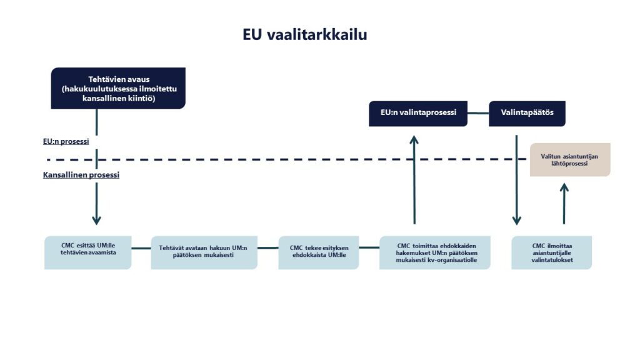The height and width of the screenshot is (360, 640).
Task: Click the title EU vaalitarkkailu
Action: (x=305, y=34)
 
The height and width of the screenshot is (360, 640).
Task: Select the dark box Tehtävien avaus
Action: (x=118, y=88)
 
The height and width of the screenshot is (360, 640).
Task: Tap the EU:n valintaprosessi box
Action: (x=417, y=113)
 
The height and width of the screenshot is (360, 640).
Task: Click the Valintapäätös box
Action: (x=527, y=113)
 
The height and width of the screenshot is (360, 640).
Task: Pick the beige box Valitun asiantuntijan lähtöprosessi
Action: (x=570, y=159)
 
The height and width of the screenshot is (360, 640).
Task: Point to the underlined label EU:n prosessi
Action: (x=61, y=141)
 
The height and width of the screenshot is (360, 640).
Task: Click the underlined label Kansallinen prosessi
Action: (x=81, y=175)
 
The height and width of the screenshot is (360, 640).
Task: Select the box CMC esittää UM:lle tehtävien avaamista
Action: (x=88, y=252)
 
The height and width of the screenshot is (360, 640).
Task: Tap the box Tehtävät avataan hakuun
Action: (x=204, y=252)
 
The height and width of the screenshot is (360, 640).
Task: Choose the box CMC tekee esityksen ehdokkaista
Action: (x=319, y=252)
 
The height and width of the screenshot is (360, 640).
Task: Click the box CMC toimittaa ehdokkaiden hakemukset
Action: (x=435, y=252)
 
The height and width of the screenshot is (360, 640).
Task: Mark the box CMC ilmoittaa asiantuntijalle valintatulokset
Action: (x=552, y=252)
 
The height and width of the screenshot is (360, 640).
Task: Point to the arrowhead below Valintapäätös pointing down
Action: (x=516, y=220)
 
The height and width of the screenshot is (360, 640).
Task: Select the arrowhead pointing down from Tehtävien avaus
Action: (x=96, y=220)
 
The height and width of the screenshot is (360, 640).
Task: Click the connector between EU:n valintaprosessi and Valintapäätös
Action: (x=478, y=113)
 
